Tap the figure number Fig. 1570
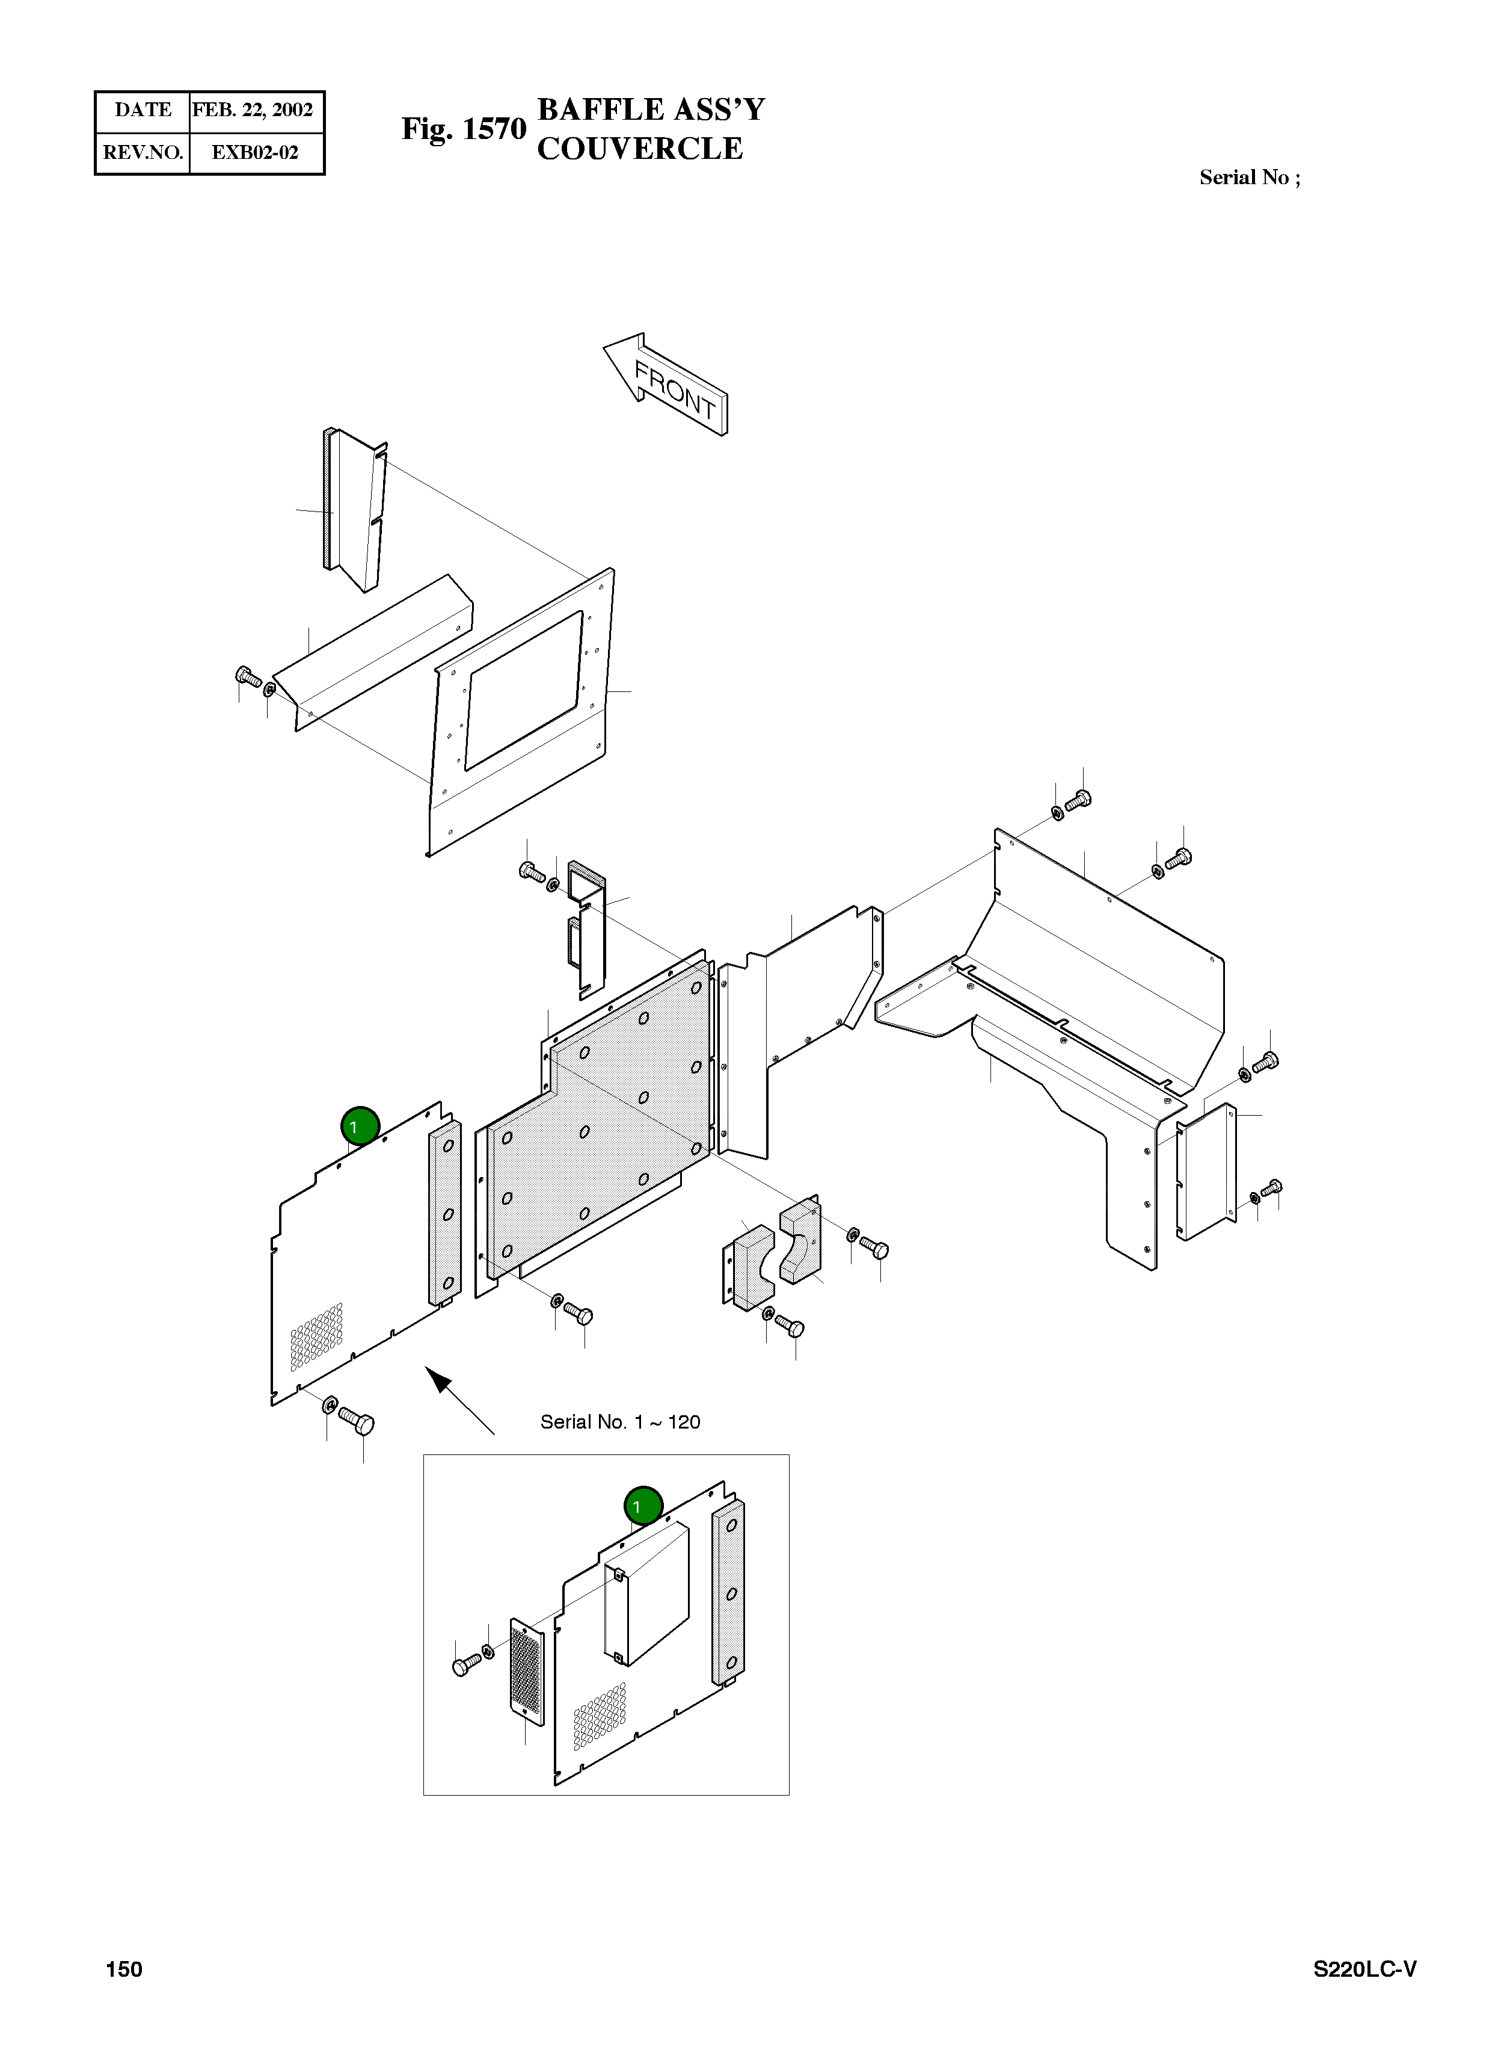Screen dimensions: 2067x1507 pos(464,129)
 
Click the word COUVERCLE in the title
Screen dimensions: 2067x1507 pos(639,149)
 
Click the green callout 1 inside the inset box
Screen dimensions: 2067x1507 pos(643,1506)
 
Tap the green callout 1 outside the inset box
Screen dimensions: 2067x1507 pos(360,1126)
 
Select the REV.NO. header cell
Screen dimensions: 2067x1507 pos(143,152)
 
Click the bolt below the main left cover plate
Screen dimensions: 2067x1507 pos(356,1420)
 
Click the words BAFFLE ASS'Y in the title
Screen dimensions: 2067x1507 pos(651,110)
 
